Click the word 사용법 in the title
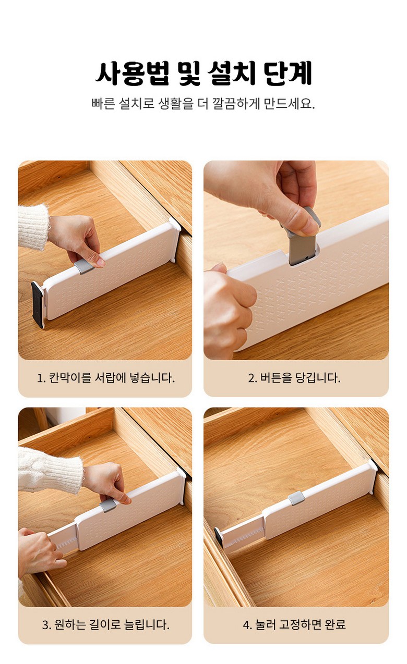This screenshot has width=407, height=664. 132,73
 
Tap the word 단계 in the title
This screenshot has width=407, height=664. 288,73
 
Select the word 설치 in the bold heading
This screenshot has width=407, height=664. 231,73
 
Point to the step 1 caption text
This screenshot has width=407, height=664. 106,378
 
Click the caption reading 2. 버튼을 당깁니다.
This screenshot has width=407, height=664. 294,378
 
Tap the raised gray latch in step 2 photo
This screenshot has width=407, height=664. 302,237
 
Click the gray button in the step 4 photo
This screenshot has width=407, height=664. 296,498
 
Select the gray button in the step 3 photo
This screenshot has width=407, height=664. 108,506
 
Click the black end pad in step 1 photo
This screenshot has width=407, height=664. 38,304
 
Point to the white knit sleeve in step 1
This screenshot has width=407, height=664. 33,227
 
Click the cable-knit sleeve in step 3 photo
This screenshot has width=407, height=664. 50,471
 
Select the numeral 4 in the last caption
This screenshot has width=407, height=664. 246,625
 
